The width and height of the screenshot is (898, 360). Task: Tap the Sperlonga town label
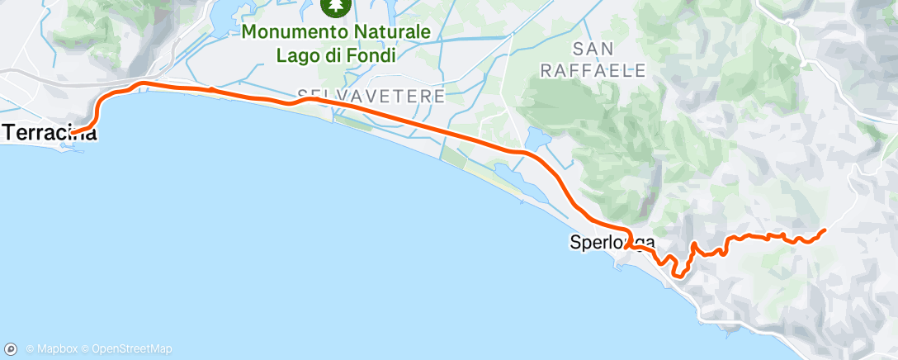(612, 243)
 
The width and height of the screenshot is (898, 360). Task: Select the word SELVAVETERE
(370, 97)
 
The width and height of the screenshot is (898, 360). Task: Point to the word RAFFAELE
(593, 70)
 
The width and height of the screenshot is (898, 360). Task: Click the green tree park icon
(337, 7)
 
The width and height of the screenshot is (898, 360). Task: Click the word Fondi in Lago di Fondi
(372, 55)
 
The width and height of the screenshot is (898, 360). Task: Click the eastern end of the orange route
(825, 230)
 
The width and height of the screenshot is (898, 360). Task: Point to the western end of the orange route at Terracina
(72, 132)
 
